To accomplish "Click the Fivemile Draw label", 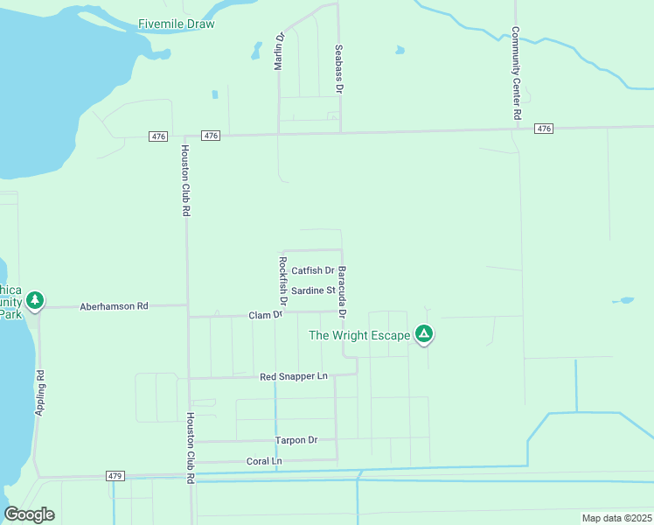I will pos(176,24).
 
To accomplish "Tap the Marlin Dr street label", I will pos(281,52).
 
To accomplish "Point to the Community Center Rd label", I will pos(517,73).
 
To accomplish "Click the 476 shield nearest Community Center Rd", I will pos(543,129).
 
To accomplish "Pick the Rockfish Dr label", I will pos(282,279).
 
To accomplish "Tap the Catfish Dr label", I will pos(313,271).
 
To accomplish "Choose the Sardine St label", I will pos(313,290).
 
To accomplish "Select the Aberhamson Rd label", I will pos(114,306).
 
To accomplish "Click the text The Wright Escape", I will pos(359,335).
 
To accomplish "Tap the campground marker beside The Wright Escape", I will pos(424,334).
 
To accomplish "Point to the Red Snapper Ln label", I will pos(293,376).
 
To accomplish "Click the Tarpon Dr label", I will pos(296,440).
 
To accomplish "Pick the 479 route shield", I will pos(115,476).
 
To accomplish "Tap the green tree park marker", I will pos(35,301).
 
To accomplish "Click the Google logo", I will pos(29,514).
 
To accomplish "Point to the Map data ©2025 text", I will pos(616,518).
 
